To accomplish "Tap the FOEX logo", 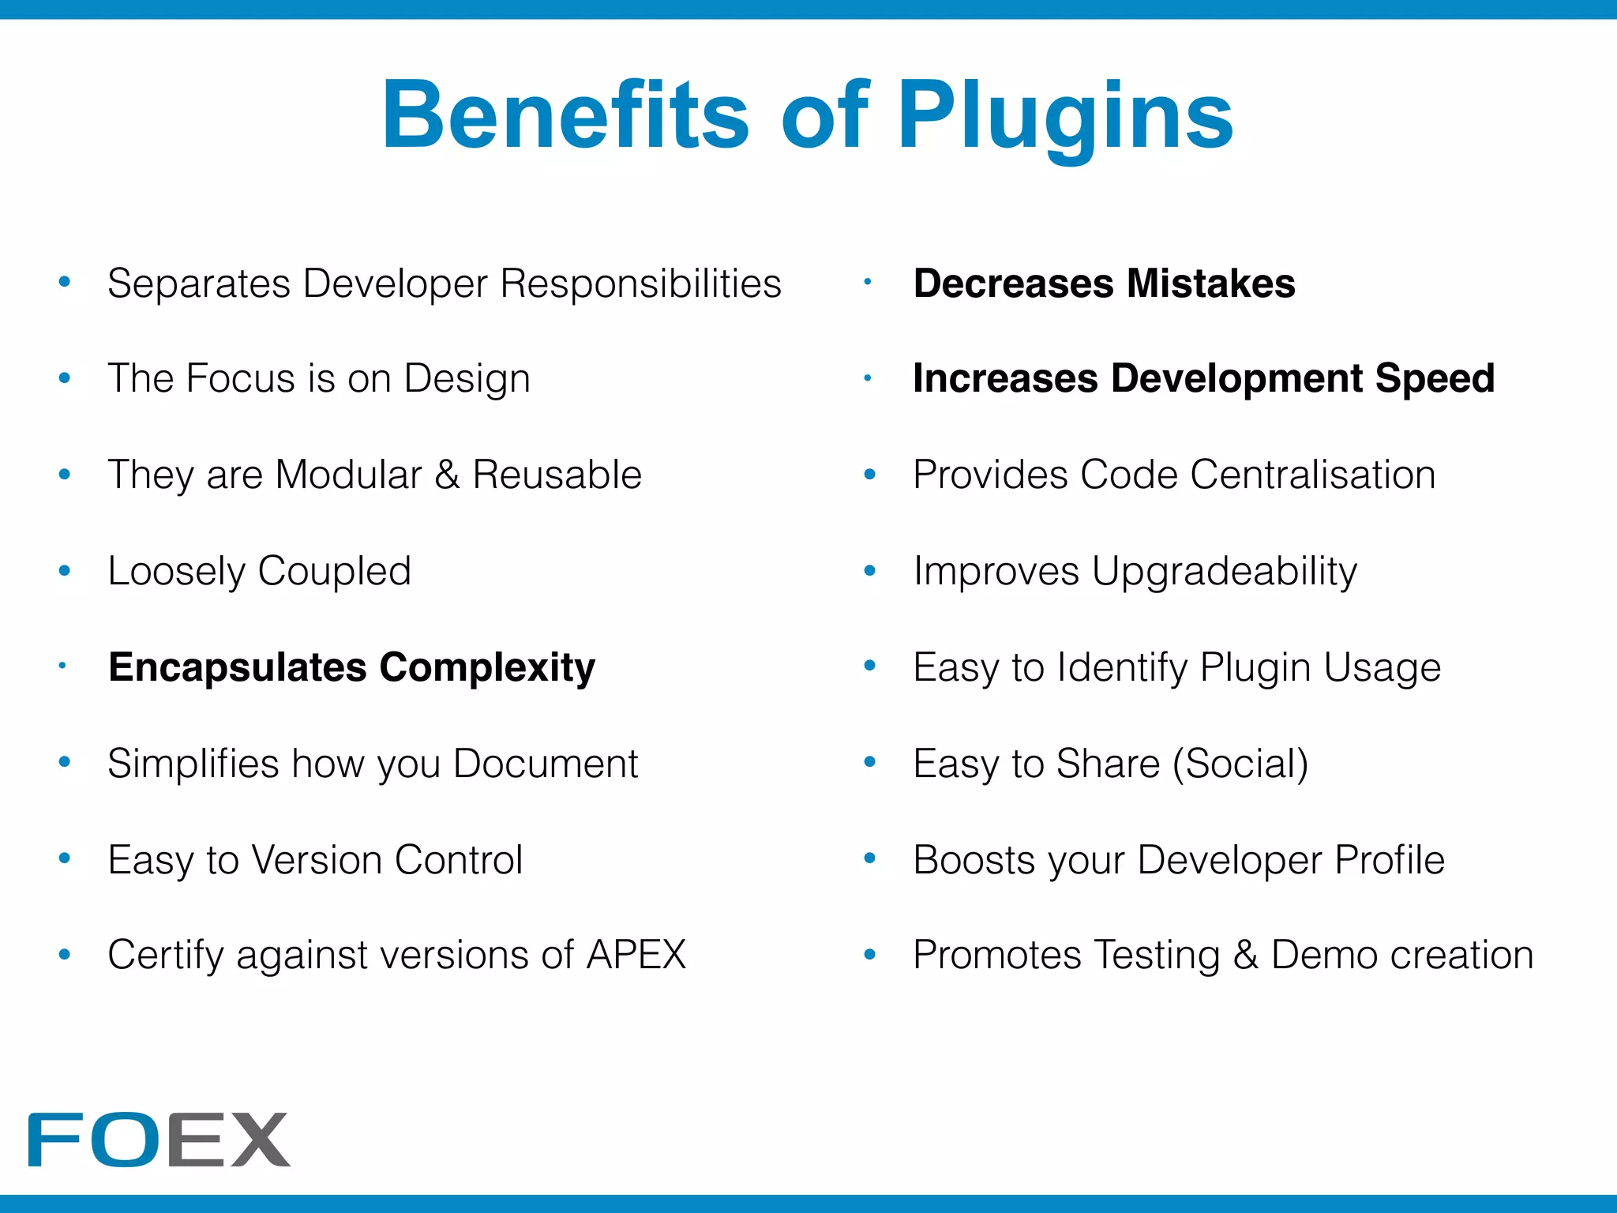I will pyautogui.click(x=159, y=1139).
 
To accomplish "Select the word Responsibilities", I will pyautogui.click(x=640, y=284).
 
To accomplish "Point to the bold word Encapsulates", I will pyautogui.click(x=238, y=667).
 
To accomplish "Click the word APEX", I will pyautogui.click(x=636, y=955).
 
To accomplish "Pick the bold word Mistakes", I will pyautogui.click(x=1211, y=284).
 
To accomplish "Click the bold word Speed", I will pyautogui.click(x=1435, y=378).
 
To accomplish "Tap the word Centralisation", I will pyautogui.click(x=1313, y=475).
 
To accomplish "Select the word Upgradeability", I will pyautogui.click(x=1225, y=572).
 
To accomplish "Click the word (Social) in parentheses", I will pyautogui.click(x=1240, y=764).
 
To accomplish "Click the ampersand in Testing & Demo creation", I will pyautogui.click(x=1245, y=955).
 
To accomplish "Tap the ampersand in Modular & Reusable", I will pyautogui.click(x=447, y=475).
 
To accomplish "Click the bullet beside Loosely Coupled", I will pyautogui.click(x=65, y=570).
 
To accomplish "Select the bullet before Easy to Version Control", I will pyautogui.click(x=65, y=858).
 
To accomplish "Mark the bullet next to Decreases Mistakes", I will pyautogui.click(x=867, y=282).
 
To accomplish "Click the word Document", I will pyautogui.click(x=546, y=764).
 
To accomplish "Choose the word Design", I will pyautogui.click(x=467, y=378).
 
